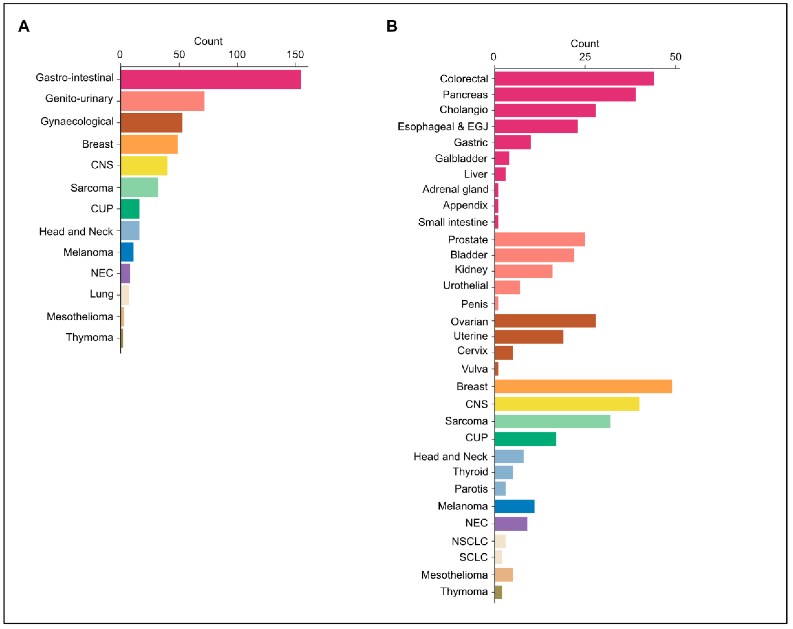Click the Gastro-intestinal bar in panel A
(210, 80)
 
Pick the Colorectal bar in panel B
(573, 78)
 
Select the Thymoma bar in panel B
(498, 592)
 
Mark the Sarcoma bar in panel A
(139, 187)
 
